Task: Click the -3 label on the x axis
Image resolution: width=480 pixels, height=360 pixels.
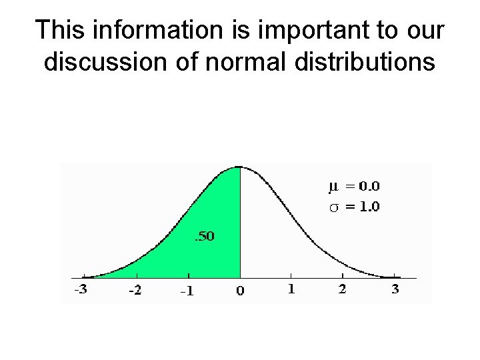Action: (79, 290)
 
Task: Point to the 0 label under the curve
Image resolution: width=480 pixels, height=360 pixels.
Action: (240, 291)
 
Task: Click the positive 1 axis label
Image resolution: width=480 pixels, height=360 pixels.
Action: (291, 289)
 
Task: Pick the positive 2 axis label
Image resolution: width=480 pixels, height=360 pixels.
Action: (342, 289)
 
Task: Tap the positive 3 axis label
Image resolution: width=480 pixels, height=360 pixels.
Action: (395, 289)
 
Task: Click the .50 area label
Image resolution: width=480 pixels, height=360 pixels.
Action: (204, 237)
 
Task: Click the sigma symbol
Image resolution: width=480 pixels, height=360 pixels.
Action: (334, 207)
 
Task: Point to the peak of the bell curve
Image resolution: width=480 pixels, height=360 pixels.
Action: (239, 167)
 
